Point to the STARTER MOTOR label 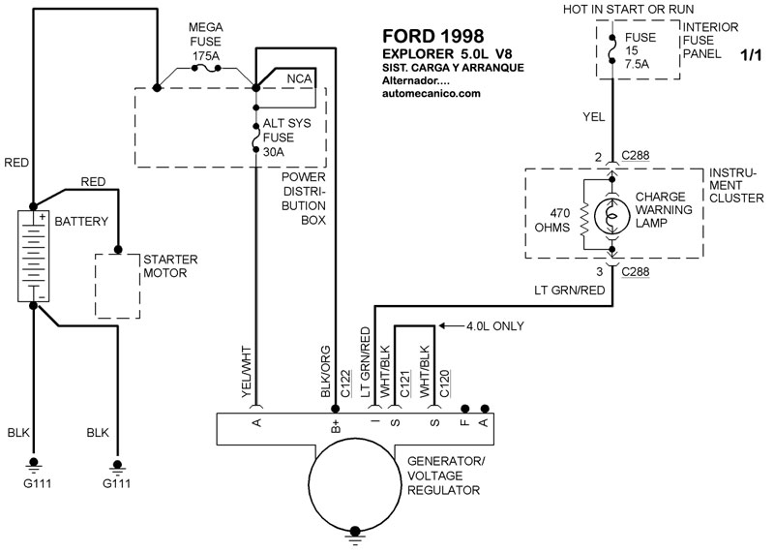[170, 266]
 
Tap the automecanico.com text [432, 94]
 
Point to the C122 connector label [344, 384]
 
